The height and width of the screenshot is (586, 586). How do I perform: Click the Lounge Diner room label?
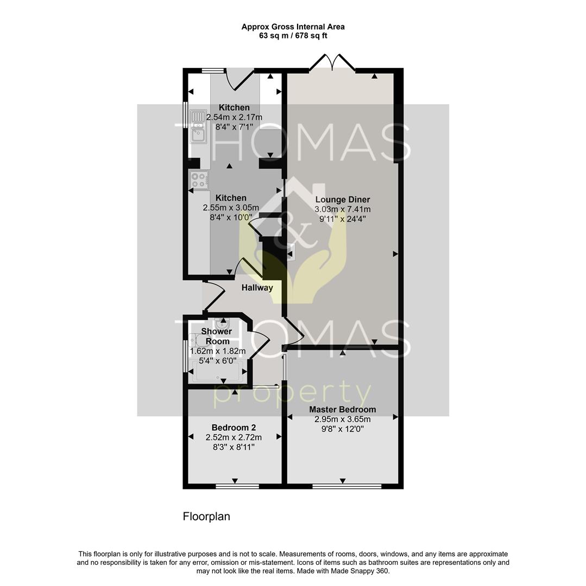(x=342, y=200)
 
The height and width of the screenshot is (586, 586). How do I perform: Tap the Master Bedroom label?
(x=342, y=409)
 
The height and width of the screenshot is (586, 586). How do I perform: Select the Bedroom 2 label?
(x=234, y=428)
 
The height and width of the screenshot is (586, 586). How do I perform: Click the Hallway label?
(x=257, y=288)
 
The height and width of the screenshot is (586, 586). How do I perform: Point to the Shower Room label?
(x=217, y=336)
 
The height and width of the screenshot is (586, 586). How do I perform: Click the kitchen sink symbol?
(x=197, y=127)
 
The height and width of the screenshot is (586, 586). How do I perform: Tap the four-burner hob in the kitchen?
(x=199, y=180)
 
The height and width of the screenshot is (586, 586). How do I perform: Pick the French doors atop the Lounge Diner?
(x=332, y=63)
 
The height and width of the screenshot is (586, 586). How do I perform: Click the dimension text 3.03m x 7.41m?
(x=342, y=209)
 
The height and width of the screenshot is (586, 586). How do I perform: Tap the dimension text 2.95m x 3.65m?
(x=342, y=419)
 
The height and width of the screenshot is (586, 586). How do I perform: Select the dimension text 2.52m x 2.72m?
(x=234, y=437)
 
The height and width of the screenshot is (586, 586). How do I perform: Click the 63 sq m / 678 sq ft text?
(x=293, y=36)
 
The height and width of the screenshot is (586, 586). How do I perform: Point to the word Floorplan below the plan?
(x=206, y=517)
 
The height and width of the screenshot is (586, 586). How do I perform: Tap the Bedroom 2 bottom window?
(x=234, y=486)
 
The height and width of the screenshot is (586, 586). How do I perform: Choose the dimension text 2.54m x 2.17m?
(x=234, y=117)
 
